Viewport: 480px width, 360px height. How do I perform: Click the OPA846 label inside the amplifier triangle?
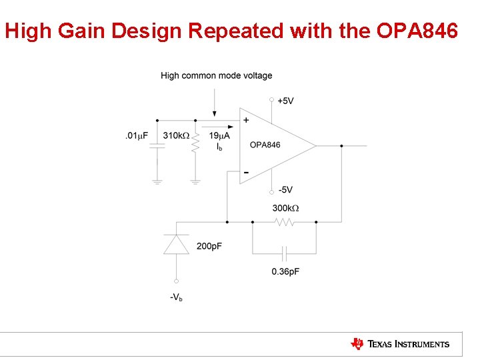pos(265,145)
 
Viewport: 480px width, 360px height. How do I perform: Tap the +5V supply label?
pos(285,101)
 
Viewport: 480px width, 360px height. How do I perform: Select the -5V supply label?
pos(285,189)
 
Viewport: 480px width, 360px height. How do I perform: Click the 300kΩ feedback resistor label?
pos(285,208)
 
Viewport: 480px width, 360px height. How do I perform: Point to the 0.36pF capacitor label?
pos(285,271)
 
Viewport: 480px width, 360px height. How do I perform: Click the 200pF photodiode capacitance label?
pos(209,247)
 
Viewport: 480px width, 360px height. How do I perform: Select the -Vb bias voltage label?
pos(176,297)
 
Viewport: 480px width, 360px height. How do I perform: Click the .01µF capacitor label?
pos(136,135)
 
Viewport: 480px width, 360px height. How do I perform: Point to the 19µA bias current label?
pos(219,135)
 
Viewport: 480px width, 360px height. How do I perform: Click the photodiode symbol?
pos(177,244)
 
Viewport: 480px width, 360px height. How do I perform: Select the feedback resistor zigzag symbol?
pos(285,221)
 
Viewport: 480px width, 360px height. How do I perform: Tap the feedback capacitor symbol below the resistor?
pos(285,253)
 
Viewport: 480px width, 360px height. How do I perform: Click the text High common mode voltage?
pos(216,75)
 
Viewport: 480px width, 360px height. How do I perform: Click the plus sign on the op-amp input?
pos(246,121)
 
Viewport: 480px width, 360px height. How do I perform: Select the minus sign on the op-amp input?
pos(246,172)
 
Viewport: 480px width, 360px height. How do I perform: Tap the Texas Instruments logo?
pos(400,344)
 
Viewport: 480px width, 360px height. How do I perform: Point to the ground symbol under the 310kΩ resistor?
pos(195,180)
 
